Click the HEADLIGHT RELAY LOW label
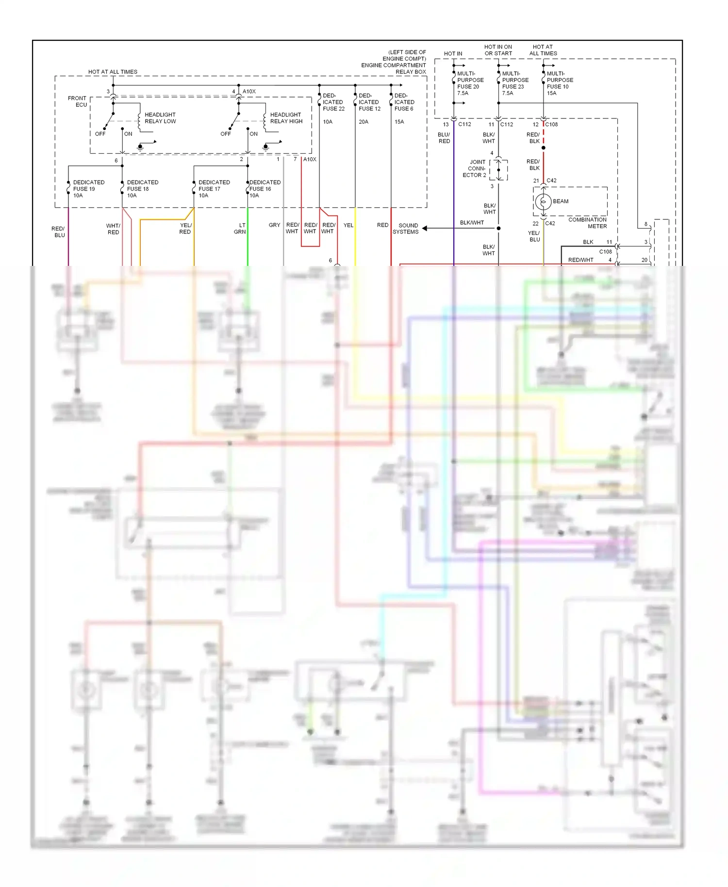click(x=160, y=118)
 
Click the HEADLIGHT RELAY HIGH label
click(x=286, y=118)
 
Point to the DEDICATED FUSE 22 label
click(x=333, y=102)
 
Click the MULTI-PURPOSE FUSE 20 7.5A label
click(x=470, y=83)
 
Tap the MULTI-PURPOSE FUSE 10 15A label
click(x=560, y=83)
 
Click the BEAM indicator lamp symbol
click(x=544, y=201)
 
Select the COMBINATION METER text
click(x=587, y=223)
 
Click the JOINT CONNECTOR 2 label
click(x=476, y=168)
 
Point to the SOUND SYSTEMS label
click(x=406, y=229)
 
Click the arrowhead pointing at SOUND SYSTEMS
click(x=424, y=228)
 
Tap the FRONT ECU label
click(x=77, y=101)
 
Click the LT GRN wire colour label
click(x=240, y=229)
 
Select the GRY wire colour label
click(x=274, y=225)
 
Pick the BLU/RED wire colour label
click(x=444, y=138)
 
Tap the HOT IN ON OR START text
click(x=498, y=50)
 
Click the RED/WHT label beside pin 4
click(x=580, y=260)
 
